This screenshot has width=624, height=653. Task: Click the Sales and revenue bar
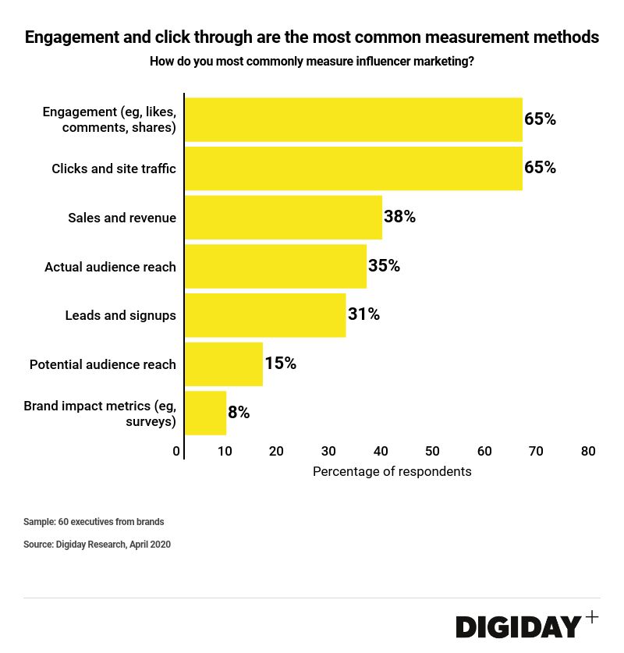283,217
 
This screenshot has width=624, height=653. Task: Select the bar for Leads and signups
265,315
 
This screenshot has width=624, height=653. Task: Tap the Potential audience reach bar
224,364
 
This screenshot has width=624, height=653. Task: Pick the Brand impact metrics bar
205,413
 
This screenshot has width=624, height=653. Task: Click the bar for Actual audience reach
275,266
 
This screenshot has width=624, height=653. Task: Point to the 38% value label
399,217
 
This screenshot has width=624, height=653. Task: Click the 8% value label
239,413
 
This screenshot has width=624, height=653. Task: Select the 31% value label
363,314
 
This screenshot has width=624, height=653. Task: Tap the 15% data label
280,364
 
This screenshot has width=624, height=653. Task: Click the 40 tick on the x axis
381,451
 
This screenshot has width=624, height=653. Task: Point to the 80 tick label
588,451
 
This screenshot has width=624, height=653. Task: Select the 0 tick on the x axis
176,451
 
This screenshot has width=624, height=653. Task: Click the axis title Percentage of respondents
392,472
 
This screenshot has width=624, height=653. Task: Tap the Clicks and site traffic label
114,169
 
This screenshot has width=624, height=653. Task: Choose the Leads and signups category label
120,315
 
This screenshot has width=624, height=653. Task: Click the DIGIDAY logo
519,626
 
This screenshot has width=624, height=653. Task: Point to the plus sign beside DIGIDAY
592,617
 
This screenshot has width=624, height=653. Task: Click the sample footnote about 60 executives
94,522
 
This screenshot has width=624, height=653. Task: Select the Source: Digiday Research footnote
97,545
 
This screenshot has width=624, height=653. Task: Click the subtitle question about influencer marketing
312,62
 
